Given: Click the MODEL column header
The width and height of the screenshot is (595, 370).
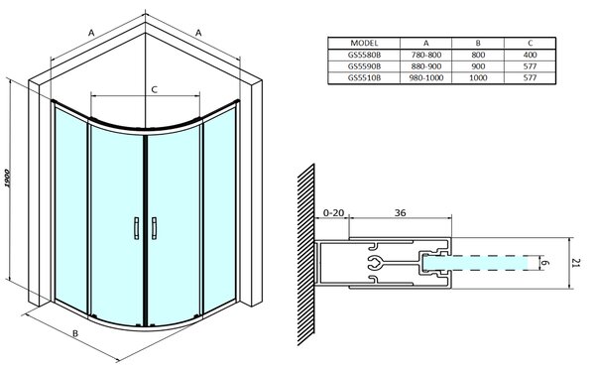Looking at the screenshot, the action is (x=364, y=43).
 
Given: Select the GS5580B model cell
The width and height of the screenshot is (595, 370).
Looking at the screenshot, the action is (x=364, y=55).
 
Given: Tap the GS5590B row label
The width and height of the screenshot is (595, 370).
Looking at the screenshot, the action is (x=364, y=66).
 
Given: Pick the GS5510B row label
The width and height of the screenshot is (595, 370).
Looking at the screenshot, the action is (x=364, y=77).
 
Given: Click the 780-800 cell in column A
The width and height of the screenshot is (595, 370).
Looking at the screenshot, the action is (x=426, y=55).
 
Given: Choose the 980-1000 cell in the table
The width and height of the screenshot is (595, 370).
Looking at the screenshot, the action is (x=426, y=77).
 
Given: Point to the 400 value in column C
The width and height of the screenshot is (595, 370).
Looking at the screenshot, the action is (x=530, y=55).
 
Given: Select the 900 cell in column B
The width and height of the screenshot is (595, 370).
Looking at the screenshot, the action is (x=478, y=66).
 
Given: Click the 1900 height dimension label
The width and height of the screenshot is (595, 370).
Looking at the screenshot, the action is (x=8, y=179).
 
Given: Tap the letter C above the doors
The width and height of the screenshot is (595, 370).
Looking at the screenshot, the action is (x=154, y=90).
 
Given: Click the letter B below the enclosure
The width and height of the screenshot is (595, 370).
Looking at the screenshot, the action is (x=75, y=333).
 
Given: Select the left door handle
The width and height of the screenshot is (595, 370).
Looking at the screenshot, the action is (x=137, y=228).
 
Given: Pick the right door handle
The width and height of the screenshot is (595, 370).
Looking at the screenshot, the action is (x=154, y=228).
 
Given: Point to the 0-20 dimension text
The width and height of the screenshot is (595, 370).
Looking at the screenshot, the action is (x=333, y=213).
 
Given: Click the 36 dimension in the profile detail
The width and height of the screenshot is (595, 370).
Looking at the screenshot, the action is (x=400, y=213).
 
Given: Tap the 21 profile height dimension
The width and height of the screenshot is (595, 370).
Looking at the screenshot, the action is (x=576, y=263).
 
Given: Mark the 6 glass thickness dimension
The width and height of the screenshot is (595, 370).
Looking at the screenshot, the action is (x=546, y=263).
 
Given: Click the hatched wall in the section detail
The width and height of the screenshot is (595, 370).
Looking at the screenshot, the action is (x=305, y=255).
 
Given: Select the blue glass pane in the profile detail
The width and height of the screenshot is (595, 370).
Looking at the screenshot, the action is (x=476, y=263).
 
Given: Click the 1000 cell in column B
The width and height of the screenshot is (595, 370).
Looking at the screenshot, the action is (x=478, y=77).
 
